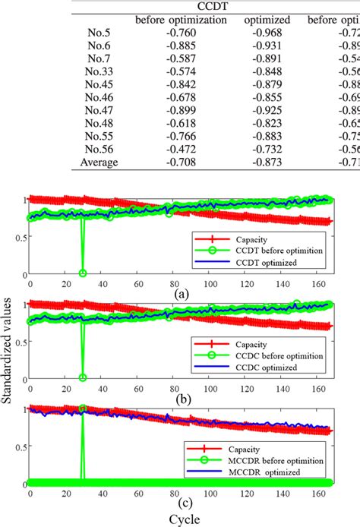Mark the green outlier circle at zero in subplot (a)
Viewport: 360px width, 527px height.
[x=83, y=273]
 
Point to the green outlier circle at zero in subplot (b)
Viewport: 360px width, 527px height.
[x=83, y=377]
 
